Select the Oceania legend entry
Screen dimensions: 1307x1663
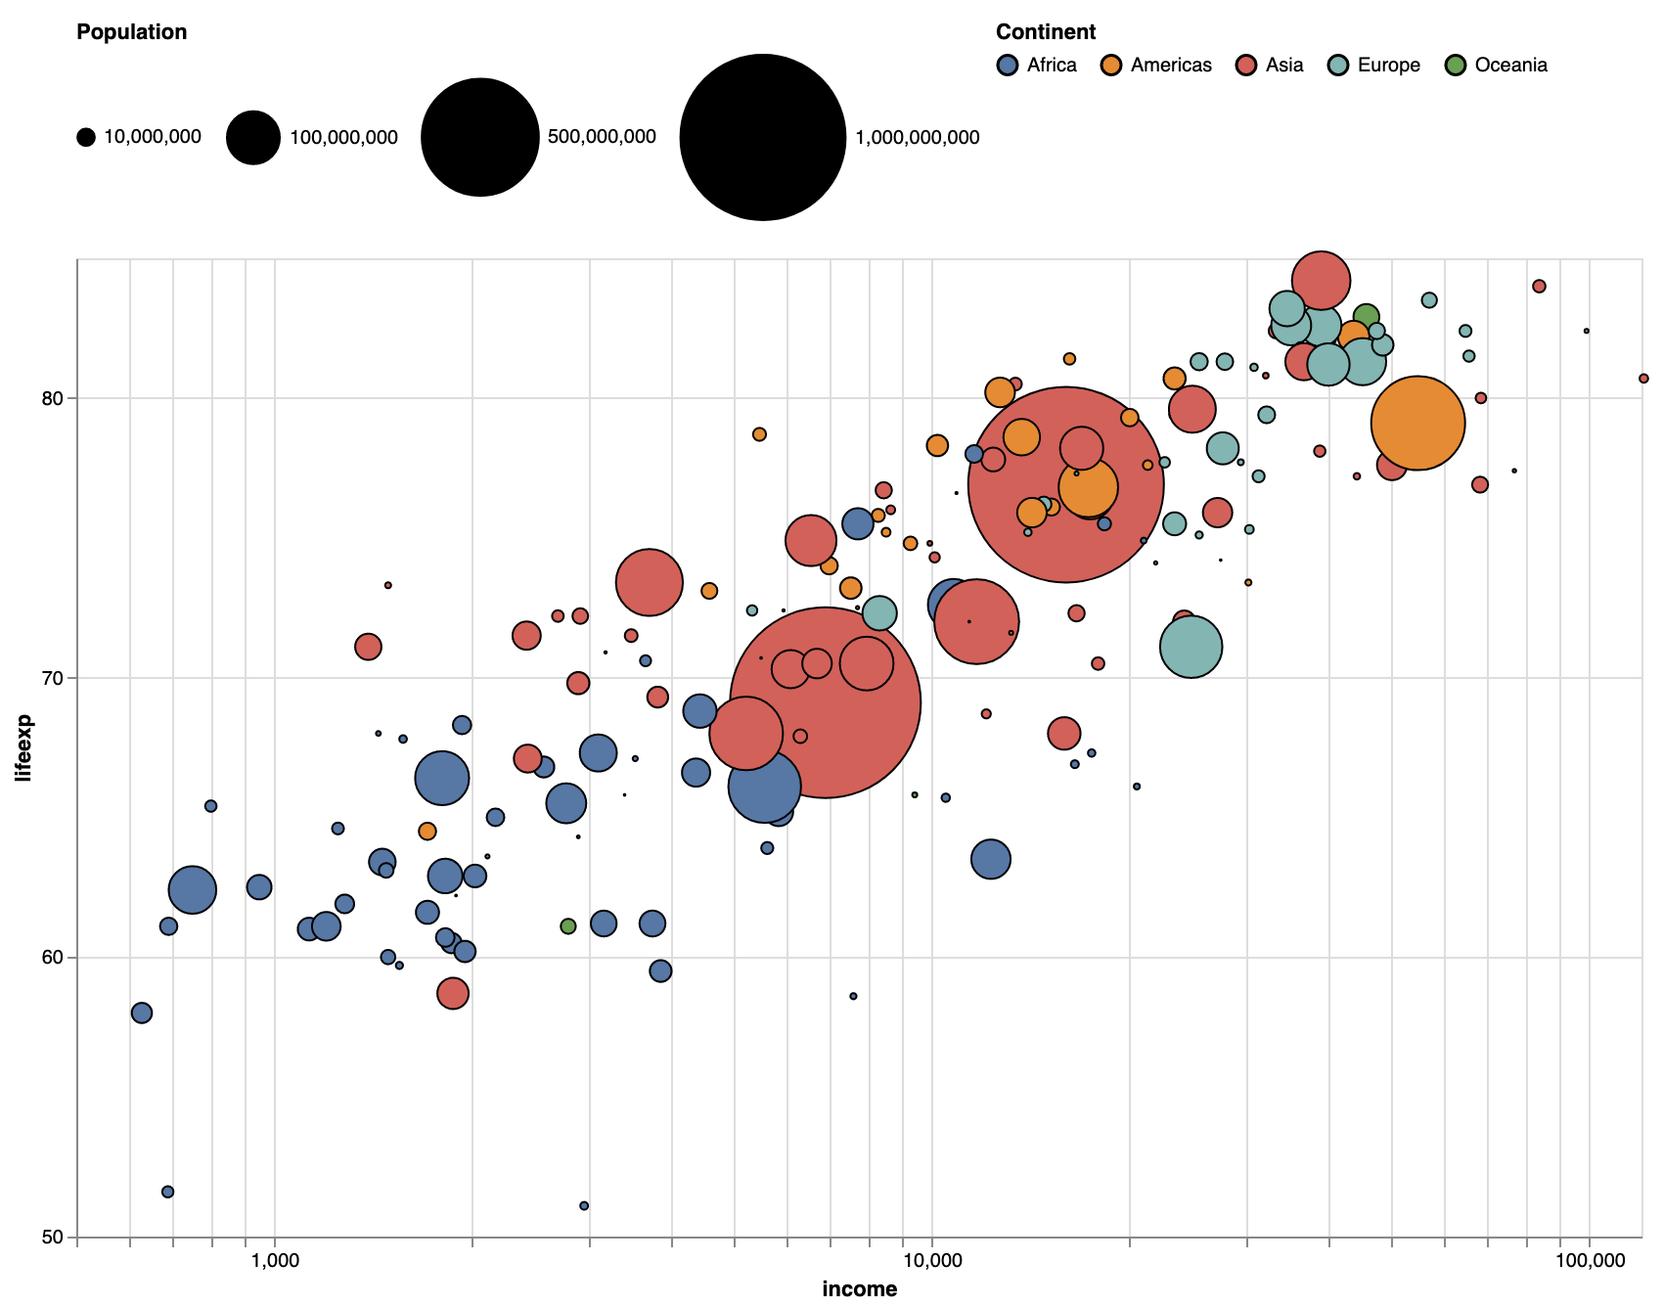click(1497, 66)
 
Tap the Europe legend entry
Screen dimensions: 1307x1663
click(1374, 66)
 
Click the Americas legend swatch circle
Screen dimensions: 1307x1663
click(1111, 66)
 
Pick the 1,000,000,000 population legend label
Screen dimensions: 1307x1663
click(917, 138)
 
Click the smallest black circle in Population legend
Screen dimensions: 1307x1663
click(86, 138)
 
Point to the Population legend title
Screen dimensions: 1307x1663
click(131, 32)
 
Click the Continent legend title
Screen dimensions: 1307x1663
click(1046, 32)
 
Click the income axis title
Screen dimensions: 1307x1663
click(859, 1289)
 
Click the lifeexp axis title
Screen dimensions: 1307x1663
click(25, 748)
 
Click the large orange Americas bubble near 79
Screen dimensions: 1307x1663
click(1417, 423)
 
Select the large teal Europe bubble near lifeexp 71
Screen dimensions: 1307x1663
click(1191, 647)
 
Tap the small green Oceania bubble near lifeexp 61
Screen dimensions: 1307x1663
click(568, 926)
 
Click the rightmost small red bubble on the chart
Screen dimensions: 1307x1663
click(1643, 378)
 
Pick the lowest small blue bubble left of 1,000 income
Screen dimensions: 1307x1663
click(167, 1192)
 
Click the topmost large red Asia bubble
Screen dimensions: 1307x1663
click(1321, 281)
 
